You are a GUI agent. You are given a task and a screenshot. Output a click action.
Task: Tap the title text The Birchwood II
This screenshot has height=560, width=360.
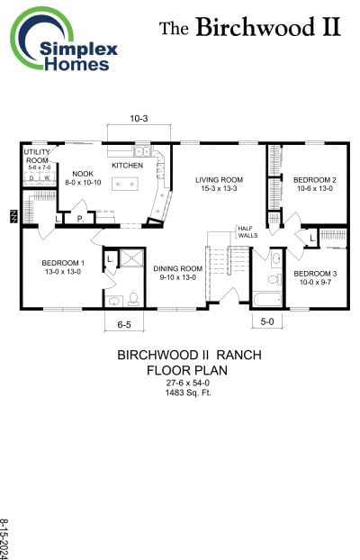250,27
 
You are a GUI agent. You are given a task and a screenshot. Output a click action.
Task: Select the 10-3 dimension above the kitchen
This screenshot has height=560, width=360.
138,119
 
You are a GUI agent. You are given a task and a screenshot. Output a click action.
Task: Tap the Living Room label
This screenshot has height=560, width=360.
219,184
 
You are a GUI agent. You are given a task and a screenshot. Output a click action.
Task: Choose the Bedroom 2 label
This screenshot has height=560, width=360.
314,184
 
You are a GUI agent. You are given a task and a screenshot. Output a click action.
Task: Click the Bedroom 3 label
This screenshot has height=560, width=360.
314,277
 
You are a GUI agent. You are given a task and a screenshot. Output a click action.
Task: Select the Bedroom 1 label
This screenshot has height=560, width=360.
61,267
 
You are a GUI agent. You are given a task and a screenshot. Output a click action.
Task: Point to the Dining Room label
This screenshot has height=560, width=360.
177,273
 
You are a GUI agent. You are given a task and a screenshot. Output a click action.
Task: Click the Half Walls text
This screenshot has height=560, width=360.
247,232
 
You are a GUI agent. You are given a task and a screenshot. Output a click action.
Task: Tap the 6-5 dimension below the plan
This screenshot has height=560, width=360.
124,323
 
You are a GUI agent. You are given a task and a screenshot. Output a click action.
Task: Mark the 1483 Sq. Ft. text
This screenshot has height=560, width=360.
189,392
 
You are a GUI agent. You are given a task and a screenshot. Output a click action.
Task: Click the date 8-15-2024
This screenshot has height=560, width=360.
7,537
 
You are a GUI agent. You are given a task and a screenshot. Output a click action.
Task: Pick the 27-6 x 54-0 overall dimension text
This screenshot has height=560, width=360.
189,382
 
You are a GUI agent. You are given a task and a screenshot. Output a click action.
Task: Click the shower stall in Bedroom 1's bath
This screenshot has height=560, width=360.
133,257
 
